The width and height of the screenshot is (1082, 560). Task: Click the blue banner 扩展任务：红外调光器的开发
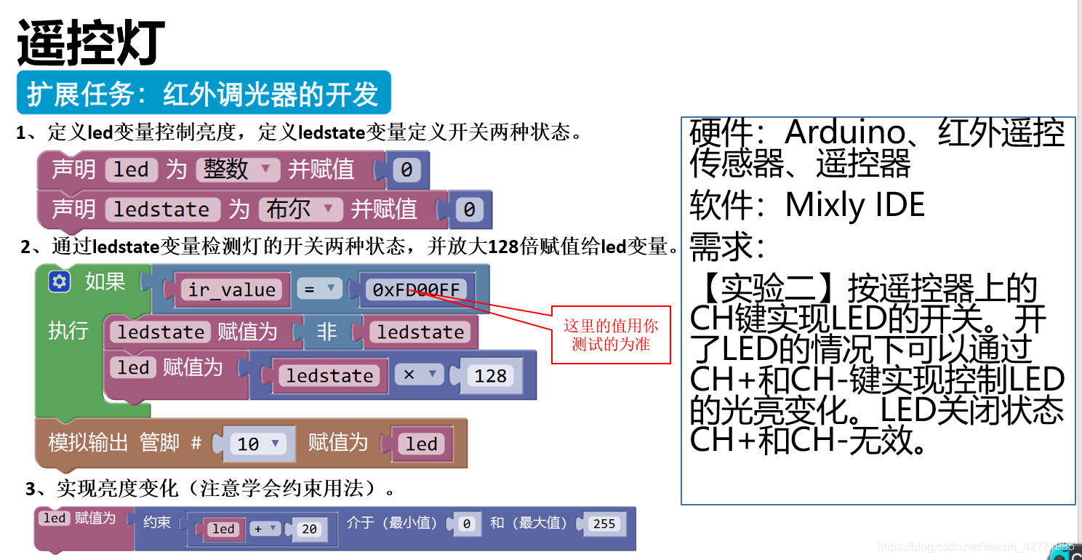tap(204, 94)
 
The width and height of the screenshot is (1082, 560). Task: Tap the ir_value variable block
tap(232, 289)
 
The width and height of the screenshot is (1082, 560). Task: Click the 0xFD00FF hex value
tap(416, 289)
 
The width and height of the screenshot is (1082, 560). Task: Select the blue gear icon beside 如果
tap(60, 282)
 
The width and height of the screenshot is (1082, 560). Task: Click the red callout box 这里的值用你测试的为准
tap(611, 335)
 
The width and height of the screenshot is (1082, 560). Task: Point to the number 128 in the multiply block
tap(490, 375)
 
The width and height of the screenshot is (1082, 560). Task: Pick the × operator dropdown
tap(419, 375)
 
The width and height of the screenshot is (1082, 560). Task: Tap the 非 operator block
tap(326, 332)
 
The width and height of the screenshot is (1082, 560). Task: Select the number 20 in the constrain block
tap(309, 529)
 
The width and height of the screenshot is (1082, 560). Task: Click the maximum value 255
tap(604, 524)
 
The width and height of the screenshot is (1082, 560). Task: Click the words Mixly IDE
tap(855, 206)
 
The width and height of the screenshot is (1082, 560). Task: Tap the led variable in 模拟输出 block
tap(421, 444)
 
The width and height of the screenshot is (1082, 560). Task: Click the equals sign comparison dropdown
tap(318, 289)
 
